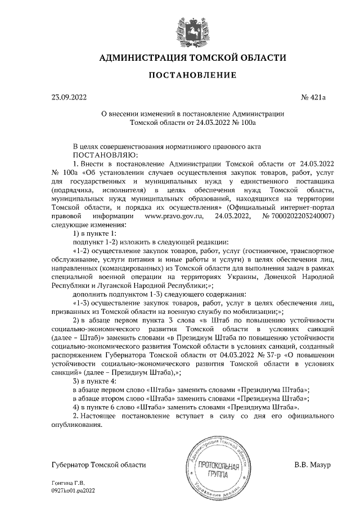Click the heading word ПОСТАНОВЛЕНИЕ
pos(184,75)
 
